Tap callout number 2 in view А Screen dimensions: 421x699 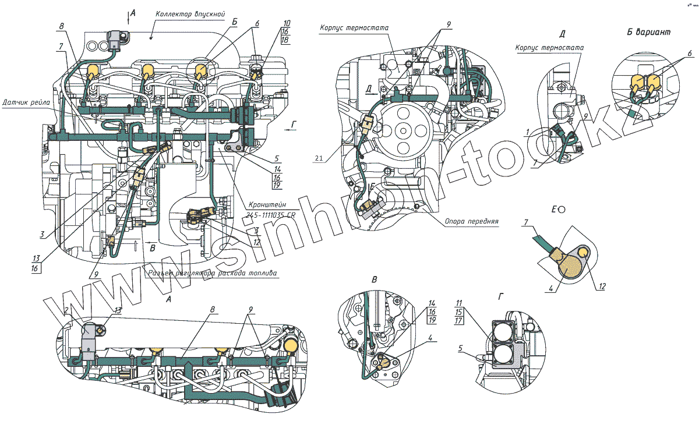68,310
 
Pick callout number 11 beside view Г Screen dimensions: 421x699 459,303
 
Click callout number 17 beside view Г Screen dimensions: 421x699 459,320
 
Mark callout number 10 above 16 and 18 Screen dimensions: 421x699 287,23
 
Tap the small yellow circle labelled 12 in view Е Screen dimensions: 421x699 582,252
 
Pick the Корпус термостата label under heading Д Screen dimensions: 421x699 550,47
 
